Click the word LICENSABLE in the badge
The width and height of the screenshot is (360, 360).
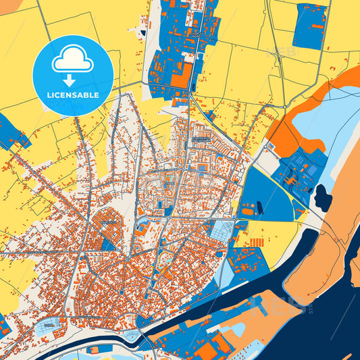click(72, 94)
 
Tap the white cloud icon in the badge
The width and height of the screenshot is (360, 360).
click(72, 61)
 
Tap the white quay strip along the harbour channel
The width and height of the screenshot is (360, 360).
click(203, 317)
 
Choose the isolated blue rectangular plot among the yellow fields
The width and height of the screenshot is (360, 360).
click(309, 26)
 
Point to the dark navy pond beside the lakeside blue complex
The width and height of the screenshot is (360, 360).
click(322, 197)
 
